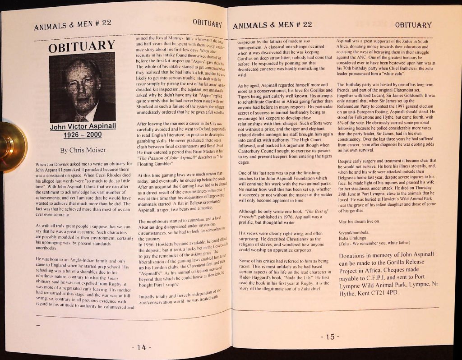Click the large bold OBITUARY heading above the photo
click(82, 46)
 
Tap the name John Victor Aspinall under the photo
click(83, 126)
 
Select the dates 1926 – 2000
click(83, 135)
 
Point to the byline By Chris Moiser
click(83, 150)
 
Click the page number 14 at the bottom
click(141, 347)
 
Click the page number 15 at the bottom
click(330, 337)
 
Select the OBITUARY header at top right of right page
click(413, 25)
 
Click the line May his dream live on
click(359, 222)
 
